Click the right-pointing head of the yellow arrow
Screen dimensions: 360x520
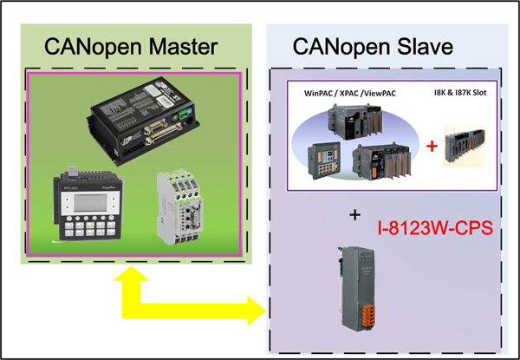[257, 308]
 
